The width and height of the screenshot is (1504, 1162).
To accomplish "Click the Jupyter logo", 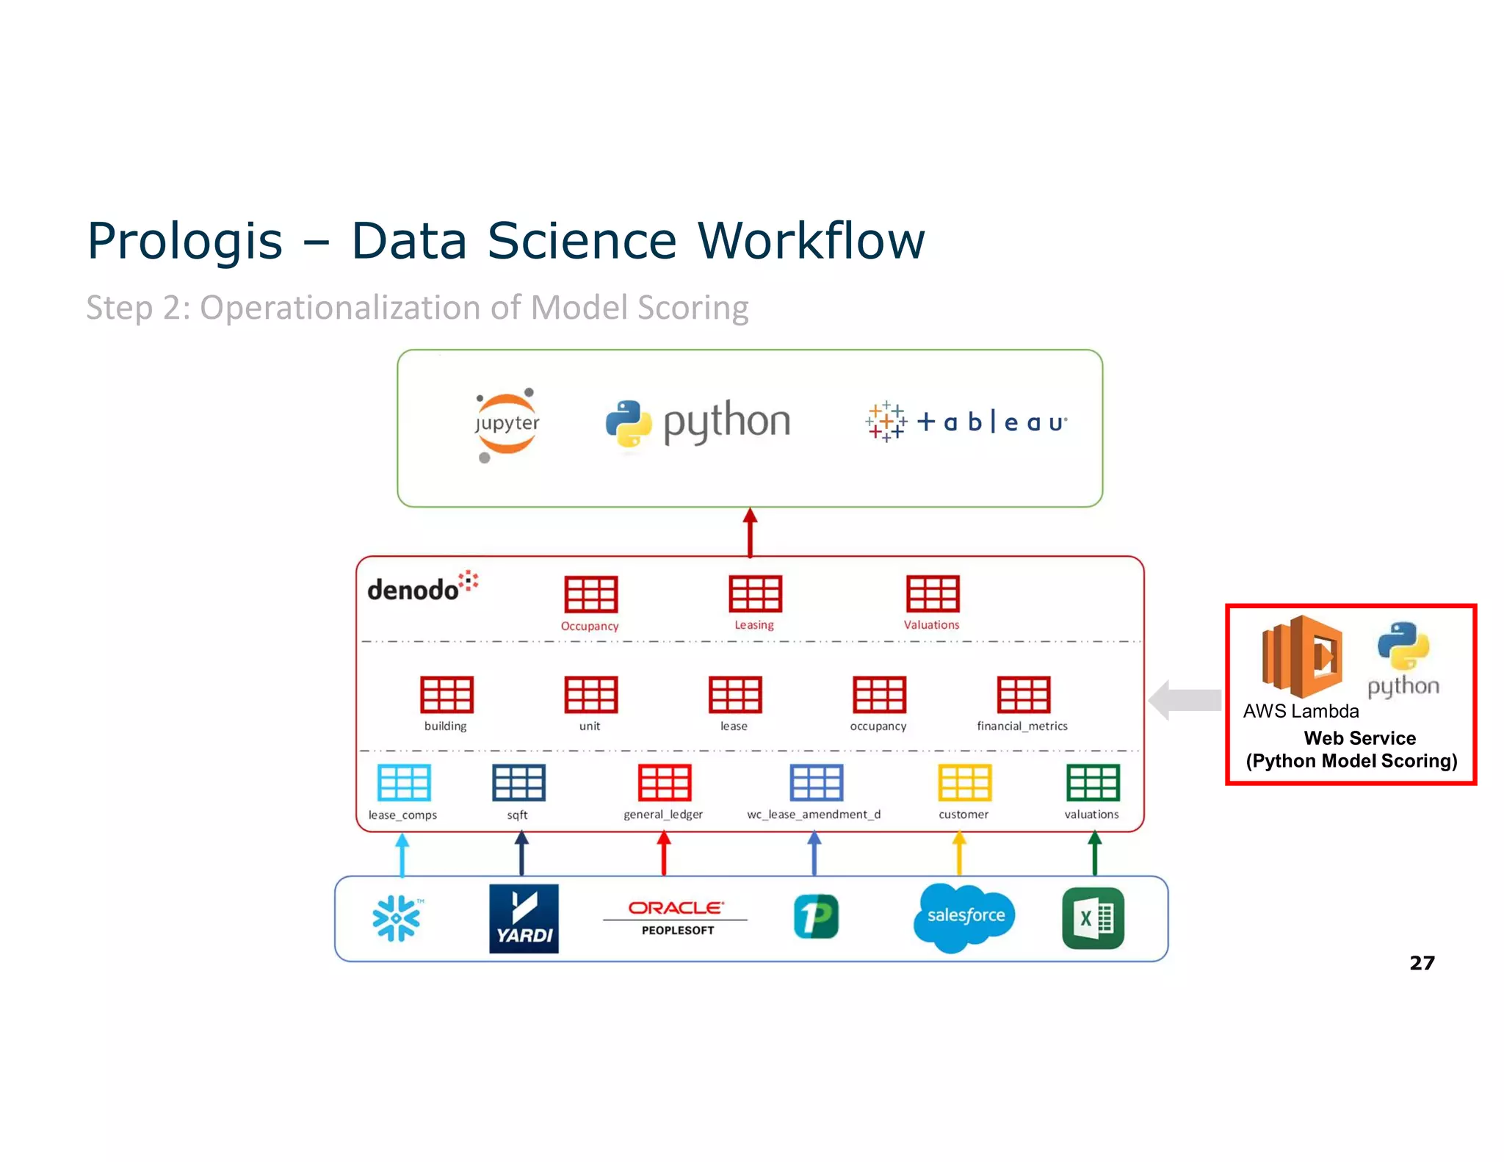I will click(506, 424).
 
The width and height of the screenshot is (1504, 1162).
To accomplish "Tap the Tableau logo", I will click(966, 422).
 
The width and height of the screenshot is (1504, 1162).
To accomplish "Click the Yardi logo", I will click(524, 918).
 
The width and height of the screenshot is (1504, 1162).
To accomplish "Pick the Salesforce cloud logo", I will click(965, 916).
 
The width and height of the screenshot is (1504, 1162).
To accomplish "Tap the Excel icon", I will click(1093, 918).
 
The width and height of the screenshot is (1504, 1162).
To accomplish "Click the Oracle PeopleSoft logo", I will click(676, 917).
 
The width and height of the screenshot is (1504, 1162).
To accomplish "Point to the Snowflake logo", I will click(397, 917).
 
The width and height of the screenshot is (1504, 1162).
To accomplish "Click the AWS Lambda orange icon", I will click(1301, 656).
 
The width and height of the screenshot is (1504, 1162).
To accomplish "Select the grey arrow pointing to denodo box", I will click(1184, 700).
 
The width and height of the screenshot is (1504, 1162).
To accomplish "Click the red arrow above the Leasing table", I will click(750, 532).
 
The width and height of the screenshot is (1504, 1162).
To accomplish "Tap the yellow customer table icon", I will click(964, 782).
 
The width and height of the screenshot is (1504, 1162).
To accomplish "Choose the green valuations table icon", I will click(1093, 782).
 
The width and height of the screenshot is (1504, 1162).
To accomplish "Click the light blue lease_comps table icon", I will click(403, 782).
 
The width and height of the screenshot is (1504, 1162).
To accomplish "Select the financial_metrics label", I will click(1022, 726).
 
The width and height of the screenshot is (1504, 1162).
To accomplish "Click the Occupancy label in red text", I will click(590, 626).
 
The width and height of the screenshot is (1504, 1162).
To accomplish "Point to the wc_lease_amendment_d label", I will click(813, 814).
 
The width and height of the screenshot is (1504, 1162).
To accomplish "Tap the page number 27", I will click(1422, 962).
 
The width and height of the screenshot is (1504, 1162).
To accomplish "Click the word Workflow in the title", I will click(811, 241).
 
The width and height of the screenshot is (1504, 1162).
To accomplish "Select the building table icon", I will click(446, 694).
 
